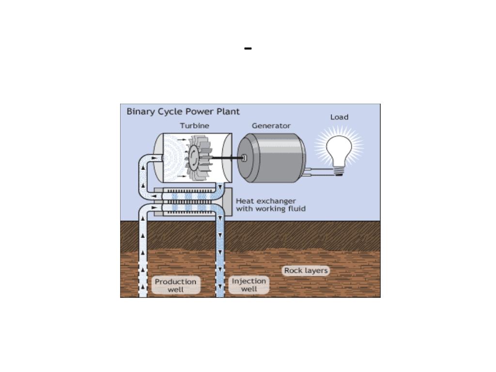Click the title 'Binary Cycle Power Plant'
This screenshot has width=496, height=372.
pos(183,111)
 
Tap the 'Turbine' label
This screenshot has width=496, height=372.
pos(195,125)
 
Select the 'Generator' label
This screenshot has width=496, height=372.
pos(271,125)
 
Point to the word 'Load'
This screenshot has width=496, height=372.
pos(339,117)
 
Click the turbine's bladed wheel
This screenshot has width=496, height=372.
pos(199,157)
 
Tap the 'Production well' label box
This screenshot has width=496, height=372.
pos(175,285)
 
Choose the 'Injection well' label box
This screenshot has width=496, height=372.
pos(249,285)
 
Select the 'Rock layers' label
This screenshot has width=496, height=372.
pos(306,270)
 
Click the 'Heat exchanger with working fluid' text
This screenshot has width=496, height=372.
pos(270,205)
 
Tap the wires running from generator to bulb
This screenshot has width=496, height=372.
pos(319,171)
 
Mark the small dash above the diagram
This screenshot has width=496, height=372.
pos(248,48)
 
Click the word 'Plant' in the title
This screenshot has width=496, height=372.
pos(228,111)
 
